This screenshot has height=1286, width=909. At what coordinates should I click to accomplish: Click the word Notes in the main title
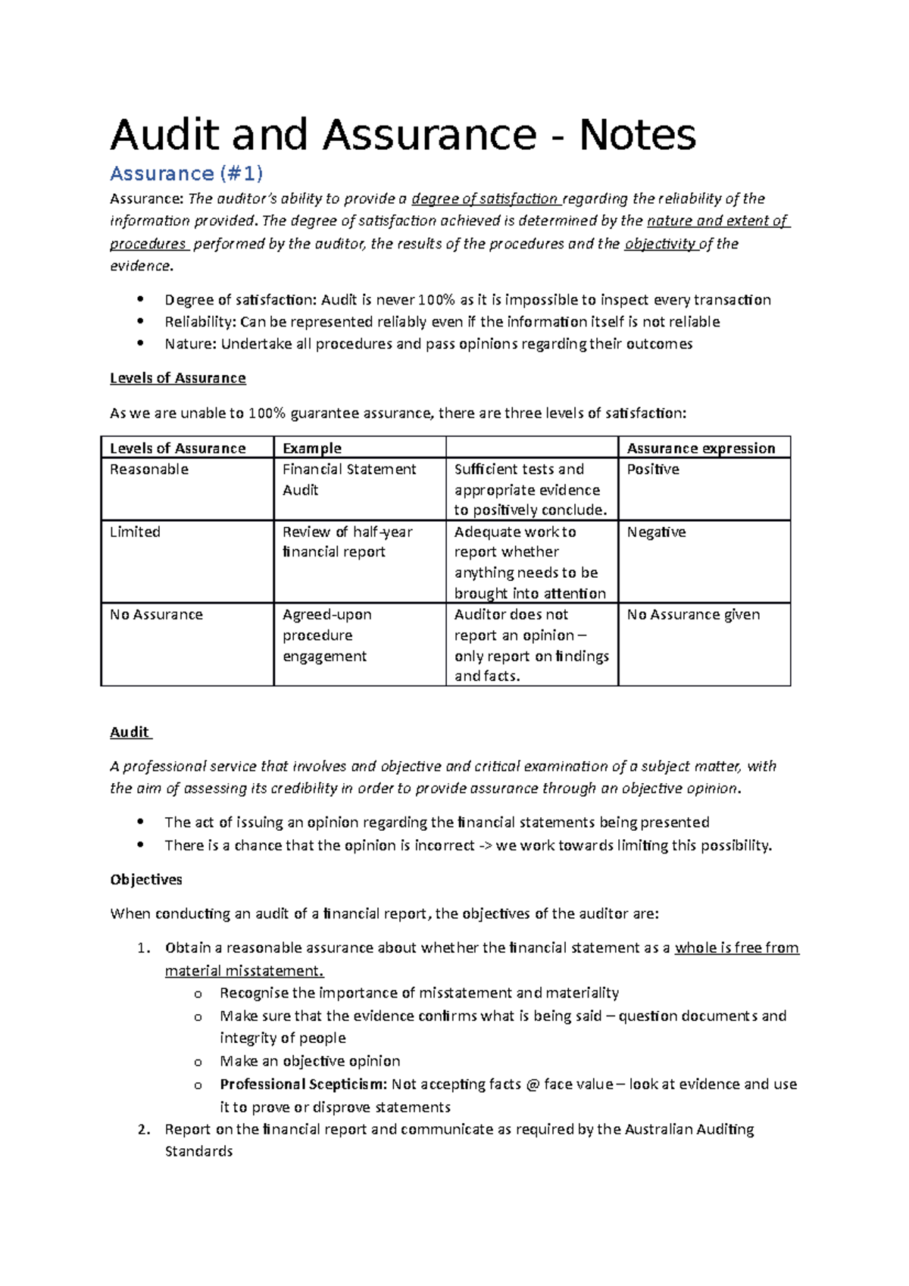637,136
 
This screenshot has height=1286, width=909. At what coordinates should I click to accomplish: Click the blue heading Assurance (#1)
186,174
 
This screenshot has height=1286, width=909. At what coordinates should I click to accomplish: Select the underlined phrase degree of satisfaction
485,199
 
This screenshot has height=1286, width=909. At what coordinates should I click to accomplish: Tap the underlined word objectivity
660,244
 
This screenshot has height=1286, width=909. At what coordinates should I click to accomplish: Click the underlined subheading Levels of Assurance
177,378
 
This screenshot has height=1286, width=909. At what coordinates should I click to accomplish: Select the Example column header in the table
311,448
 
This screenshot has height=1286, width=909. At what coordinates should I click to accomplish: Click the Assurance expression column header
701,448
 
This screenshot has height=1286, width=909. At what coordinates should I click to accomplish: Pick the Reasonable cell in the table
149,470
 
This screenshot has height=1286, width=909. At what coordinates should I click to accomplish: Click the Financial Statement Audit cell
348,479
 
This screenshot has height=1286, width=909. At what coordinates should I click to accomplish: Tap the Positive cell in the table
653,470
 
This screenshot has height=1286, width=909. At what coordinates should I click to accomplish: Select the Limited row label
135,532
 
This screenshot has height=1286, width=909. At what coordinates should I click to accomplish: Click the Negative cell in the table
656,532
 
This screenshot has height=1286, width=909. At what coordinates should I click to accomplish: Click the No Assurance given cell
693,615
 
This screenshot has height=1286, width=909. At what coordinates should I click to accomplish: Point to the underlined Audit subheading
130,732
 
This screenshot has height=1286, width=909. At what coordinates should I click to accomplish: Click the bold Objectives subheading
146,880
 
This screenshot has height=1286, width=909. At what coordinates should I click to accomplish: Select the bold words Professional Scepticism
303,1085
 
